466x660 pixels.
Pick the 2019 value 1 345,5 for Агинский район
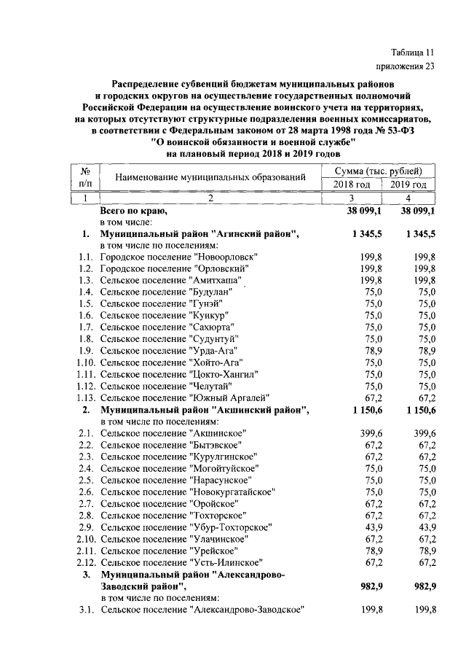417,234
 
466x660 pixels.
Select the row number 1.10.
87,362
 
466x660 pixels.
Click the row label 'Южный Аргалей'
229,397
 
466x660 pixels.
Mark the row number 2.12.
87,562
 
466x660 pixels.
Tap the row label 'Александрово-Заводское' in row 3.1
245,610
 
